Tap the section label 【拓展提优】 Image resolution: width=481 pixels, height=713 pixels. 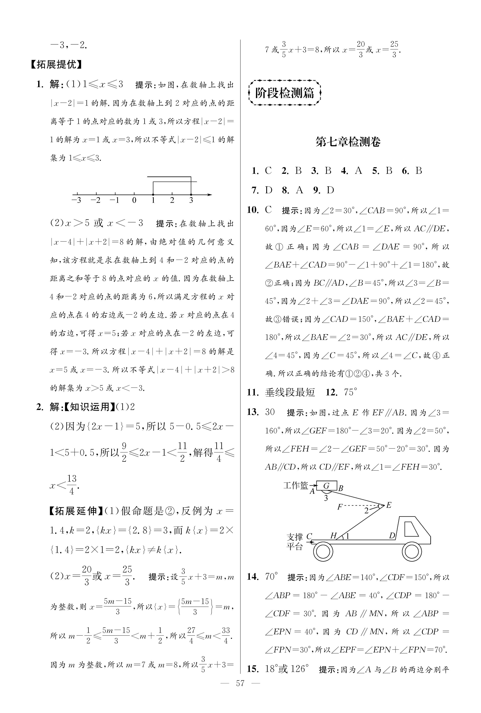click(57, 65)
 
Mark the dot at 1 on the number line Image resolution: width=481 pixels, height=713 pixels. click(153, 195)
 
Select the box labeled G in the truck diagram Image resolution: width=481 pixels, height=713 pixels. click(326, 486)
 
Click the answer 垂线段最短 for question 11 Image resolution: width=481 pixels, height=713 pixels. click(290, 392)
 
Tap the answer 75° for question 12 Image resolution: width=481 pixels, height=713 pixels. click(351, 392)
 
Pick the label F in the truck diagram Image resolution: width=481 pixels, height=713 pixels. click(340, 507)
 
